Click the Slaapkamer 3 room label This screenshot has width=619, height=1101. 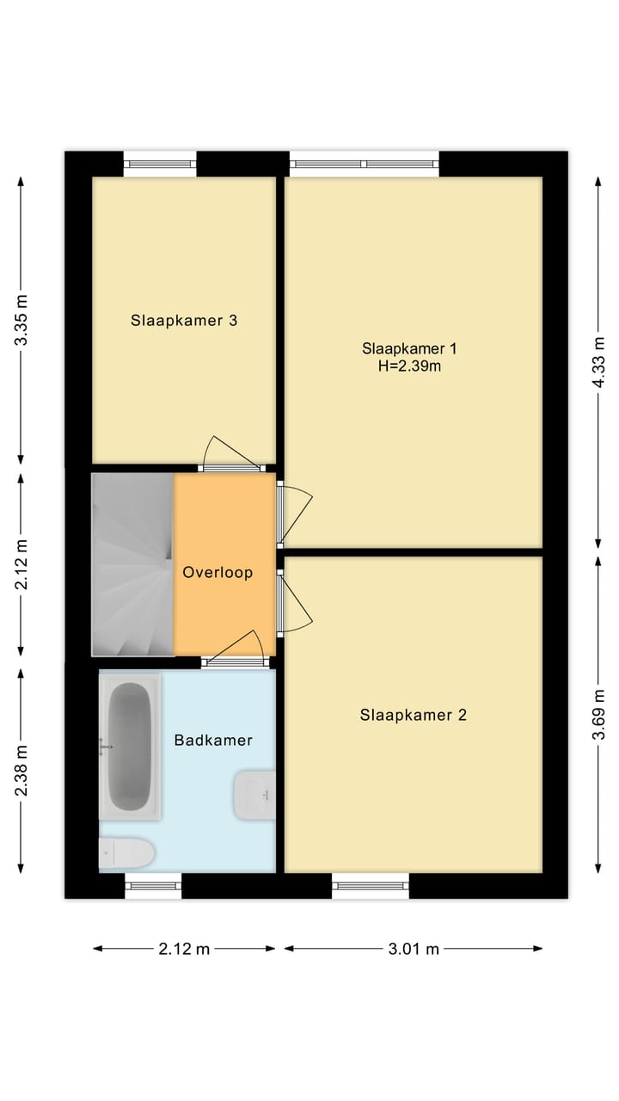pos(184,321)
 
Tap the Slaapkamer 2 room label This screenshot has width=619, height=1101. pos(413,715)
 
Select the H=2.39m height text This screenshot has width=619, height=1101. pos(410,366)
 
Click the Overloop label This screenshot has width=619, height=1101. pos(218,572)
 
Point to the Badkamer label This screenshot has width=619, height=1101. pos(213,740)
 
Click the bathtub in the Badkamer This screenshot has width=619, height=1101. pos(130,745)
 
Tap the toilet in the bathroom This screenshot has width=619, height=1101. pos(126,853)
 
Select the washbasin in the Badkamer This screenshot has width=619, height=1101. pos(254,796)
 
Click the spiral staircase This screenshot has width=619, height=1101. pos(133,564)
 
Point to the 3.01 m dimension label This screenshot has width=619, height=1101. pos(414,949)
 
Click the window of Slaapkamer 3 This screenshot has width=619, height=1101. pos(160,163)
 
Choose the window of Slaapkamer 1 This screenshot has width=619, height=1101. pos(365,163)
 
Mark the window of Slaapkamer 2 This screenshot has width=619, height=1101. pos(371,885)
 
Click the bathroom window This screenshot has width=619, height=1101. pos(154,885)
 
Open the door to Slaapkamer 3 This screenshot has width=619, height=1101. pos(230,467)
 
